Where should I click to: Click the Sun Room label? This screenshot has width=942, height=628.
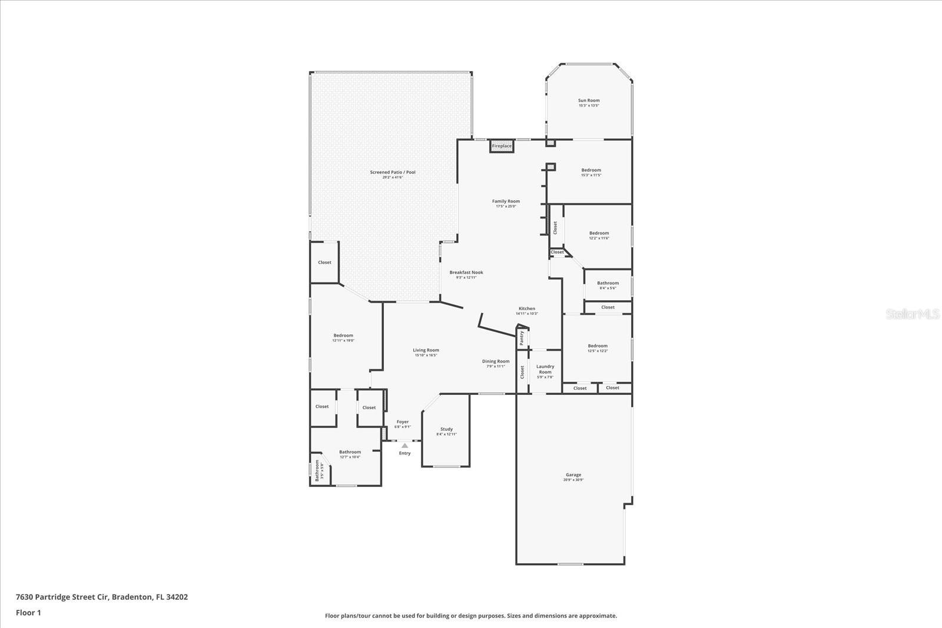(x=589, y=101)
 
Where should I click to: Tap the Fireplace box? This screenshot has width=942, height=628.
(x=502, y=146)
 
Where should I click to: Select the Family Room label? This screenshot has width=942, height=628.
(x=506, y=201)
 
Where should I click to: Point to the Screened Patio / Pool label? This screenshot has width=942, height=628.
(x=393, y=172)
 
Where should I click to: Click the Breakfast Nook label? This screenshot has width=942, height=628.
(x=466, y=273)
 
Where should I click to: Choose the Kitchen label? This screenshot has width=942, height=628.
(x=527, y=309)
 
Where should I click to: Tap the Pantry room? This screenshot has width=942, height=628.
(x=522, y=338)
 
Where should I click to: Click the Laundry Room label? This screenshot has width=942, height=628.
(x=545, y=369)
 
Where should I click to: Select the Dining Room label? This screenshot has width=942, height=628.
(x=496, y=361)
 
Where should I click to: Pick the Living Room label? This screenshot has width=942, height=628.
(x=426, y=350)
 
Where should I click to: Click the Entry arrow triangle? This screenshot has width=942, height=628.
(x=405, y=446)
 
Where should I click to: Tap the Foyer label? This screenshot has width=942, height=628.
(x=403, y=422)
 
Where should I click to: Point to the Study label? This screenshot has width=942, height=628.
(x=446, y=429)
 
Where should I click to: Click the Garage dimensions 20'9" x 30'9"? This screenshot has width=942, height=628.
(x=573, y=480)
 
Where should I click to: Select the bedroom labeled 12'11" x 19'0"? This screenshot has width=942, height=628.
(x=343, y=338)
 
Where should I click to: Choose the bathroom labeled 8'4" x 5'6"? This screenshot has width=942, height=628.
(x=608, y=285)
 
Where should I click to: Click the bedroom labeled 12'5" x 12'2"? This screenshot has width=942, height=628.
(x=598, y=348)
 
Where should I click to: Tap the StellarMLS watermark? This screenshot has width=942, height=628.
(x=913, y=314)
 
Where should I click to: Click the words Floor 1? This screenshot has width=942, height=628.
(x=28, y=613)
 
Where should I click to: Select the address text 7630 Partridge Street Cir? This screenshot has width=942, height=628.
(x=62, y=597)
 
